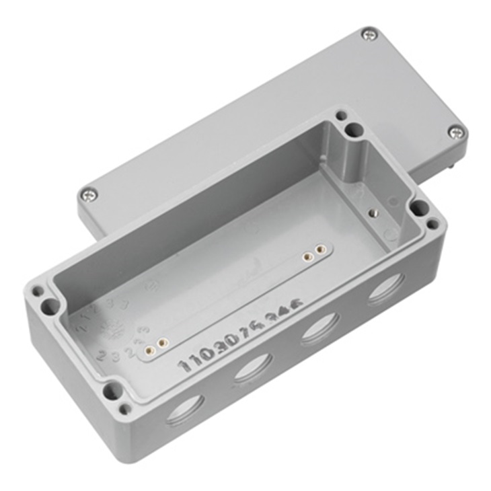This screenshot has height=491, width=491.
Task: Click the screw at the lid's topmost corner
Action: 369,34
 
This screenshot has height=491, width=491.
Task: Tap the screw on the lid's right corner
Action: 456,132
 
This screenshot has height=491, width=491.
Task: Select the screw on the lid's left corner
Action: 89,195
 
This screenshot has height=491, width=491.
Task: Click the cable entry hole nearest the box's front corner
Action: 185,410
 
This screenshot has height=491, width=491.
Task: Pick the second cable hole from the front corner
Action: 253,368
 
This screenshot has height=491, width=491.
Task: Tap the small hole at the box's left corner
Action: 38,292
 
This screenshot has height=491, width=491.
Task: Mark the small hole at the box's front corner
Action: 124,408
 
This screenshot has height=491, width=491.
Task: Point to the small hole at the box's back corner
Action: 342,116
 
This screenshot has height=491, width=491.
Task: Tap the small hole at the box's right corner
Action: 432,223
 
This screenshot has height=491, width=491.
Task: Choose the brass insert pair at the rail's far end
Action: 313,253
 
